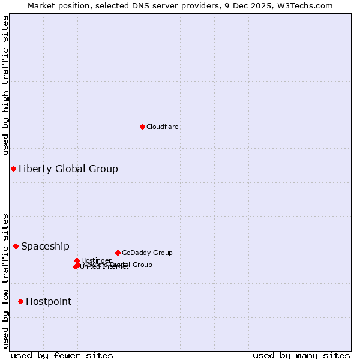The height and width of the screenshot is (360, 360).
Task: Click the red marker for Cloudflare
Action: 142,127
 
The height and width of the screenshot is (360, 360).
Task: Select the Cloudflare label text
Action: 162,127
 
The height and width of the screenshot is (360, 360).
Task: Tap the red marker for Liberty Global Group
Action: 13,169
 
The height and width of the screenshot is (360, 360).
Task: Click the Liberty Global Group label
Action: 68,169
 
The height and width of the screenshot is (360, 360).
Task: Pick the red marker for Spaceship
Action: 16,246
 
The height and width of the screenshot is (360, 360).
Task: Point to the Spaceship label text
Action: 45,246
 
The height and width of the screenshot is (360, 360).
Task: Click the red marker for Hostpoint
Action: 20,301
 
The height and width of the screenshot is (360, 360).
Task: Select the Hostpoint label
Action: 48,301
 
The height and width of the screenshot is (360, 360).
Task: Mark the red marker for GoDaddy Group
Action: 118,253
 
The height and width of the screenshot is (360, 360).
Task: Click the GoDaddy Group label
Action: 146,253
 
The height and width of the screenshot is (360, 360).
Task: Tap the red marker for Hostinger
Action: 77,260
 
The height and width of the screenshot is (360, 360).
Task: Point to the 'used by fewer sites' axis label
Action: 62,355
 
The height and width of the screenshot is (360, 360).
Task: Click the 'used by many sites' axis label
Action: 301,355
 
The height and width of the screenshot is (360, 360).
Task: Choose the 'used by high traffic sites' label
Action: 5,85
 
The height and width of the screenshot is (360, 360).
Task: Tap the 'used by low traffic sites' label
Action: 5,280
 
